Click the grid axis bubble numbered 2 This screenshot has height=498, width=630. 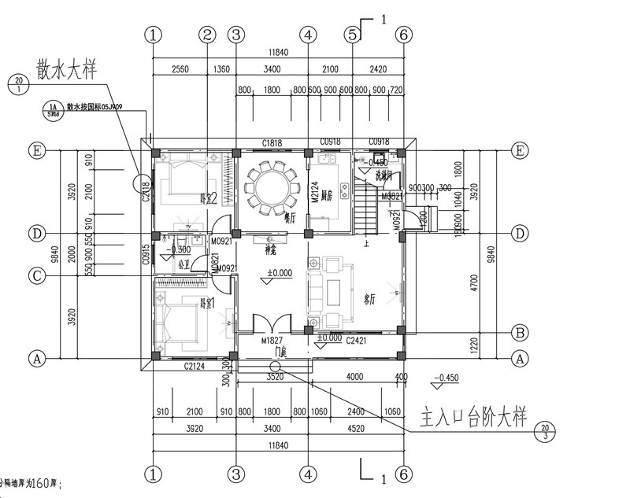(207, 35)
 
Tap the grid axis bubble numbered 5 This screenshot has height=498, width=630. (352, 35)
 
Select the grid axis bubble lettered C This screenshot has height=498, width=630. (35, 275)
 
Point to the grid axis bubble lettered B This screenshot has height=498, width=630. (520, 331)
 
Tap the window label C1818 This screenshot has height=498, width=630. (272, 143)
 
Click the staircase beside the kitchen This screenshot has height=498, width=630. (365, 206)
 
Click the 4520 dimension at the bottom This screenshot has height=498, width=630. (355, 430)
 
